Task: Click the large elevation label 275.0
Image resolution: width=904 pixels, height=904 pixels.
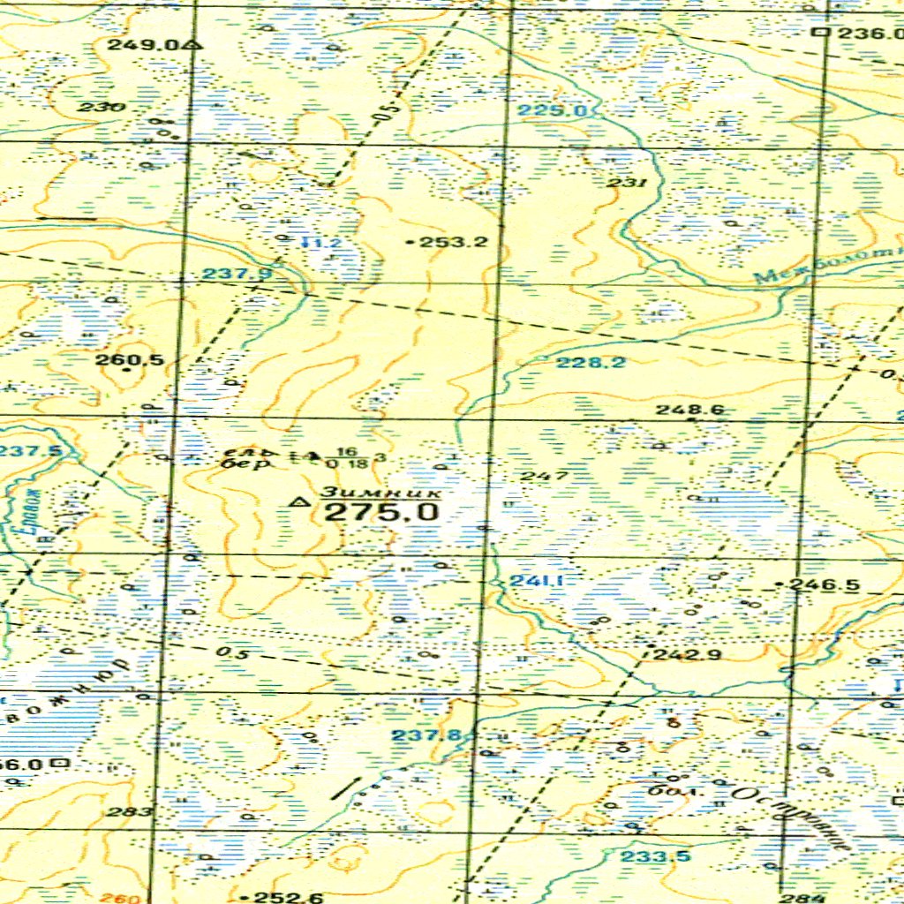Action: (380, 512)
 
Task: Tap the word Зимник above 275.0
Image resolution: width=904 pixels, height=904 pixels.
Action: (380, 491)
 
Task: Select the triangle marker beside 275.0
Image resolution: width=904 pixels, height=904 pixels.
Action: (299, 503)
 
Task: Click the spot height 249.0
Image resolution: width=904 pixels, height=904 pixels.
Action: (143, 43)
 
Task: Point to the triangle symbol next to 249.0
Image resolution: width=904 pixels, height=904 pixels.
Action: (193, 43)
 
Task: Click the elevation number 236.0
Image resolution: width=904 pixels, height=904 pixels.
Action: (869, 34)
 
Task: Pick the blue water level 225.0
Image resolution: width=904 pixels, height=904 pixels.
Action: (553, 110)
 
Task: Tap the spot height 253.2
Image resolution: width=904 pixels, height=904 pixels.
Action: (454, 241)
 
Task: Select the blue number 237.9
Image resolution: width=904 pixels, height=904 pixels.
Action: (237, 275)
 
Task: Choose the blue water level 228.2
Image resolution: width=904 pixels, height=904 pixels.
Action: (591, 363)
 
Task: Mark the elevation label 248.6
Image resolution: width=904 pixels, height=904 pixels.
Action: (689, 410)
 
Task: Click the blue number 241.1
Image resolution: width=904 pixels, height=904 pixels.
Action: (537, 581)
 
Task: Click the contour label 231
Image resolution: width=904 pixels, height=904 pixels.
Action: (627, 183)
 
